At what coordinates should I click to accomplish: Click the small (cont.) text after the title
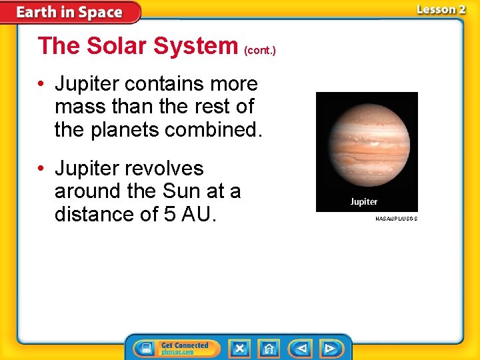tap(260, 50)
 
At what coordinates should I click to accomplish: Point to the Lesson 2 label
tap(441, 9)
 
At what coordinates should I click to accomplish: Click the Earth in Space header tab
tap(69, 12)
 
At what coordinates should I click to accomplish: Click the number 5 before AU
tap(169, 214)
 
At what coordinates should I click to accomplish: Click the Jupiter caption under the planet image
tap(364, 201)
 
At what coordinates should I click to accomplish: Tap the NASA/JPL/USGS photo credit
tap(396, 219)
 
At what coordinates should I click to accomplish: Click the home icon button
tap(269, 349)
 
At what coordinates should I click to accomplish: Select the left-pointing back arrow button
tap(301, 349)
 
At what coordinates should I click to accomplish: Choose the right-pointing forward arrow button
tap(329, 349)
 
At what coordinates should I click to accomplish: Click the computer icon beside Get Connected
tap(145, 349)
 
